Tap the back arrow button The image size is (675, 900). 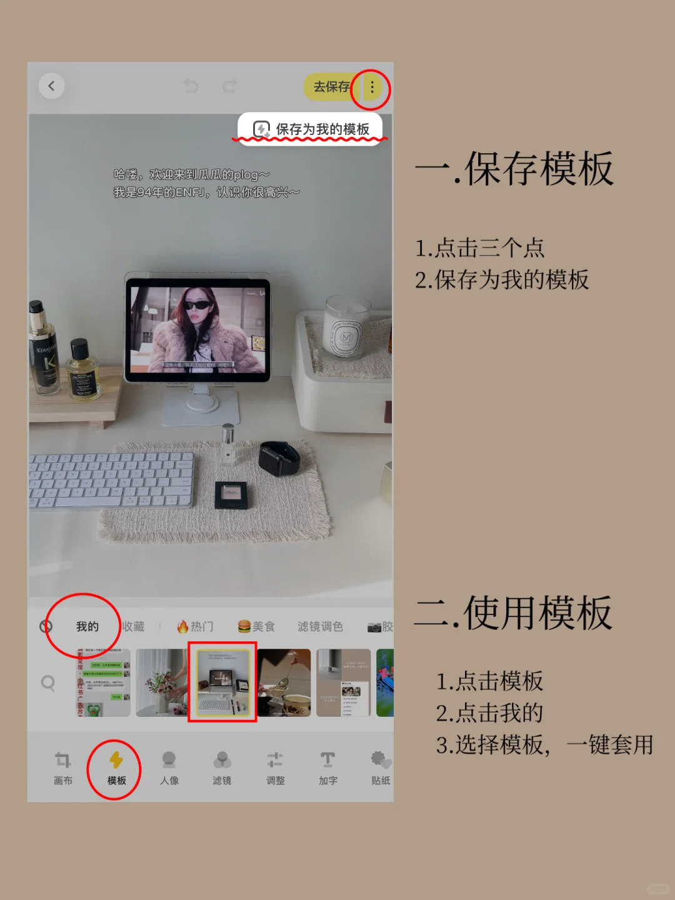51,86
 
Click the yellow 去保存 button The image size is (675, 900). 330,87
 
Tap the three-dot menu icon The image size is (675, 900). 372,87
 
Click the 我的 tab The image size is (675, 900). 87,626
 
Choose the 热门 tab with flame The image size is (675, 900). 195,626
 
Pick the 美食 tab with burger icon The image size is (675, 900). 256,626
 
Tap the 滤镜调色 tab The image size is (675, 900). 320,626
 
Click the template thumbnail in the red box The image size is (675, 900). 222,682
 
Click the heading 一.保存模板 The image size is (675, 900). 514,169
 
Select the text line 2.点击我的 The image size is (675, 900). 489,713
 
